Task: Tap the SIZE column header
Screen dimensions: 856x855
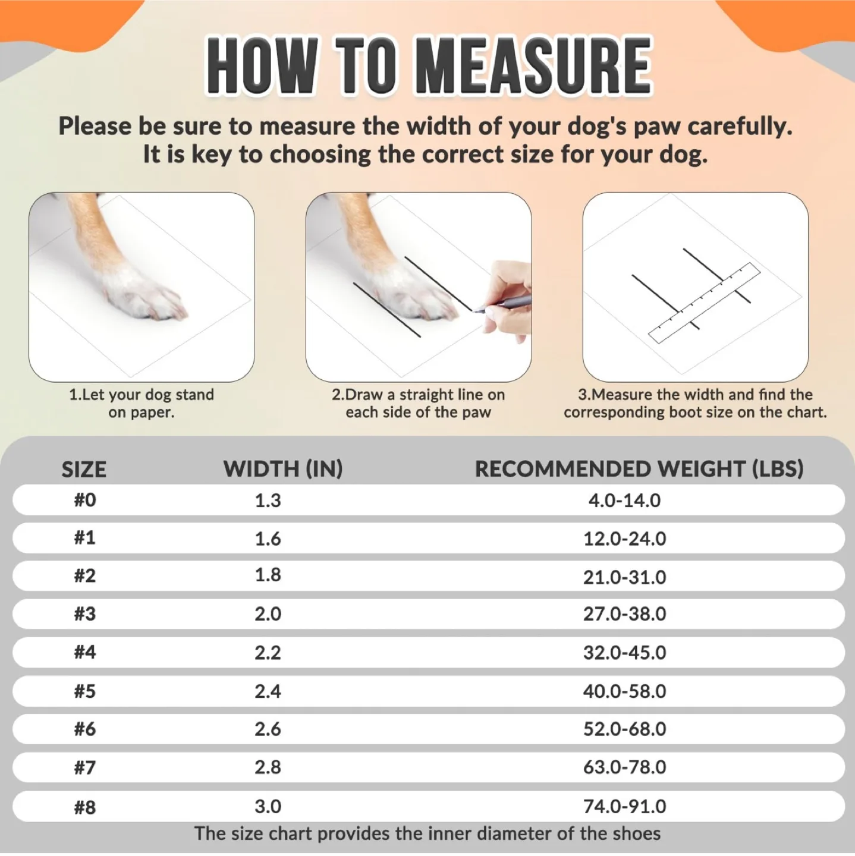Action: point(84,470)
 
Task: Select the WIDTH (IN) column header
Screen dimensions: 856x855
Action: point(283,469)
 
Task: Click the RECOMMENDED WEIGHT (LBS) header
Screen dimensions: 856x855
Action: point(639,469)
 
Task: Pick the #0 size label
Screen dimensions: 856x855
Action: point(84,500)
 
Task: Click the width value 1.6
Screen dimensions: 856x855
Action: point(268,539)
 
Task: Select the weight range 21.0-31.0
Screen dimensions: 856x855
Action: point(624,577)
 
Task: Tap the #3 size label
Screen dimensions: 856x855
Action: point(84,613)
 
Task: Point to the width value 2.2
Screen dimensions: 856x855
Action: point(268,652)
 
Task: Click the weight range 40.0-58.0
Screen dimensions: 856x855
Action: point(624,691)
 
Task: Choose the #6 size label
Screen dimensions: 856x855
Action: point(84,729)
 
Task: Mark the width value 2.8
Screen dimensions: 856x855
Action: point(268,767)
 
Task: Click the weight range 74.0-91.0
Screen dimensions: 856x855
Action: point(624,806)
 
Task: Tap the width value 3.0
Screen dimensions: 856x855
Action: point(268,806)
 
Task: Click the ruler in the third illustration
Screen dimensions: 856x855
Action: point(704,303)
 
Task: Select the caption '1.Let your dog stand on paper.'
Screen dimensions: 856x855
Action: point(142,403)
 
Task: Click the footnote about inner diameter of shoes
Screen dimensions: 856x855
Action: point(427,833)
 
